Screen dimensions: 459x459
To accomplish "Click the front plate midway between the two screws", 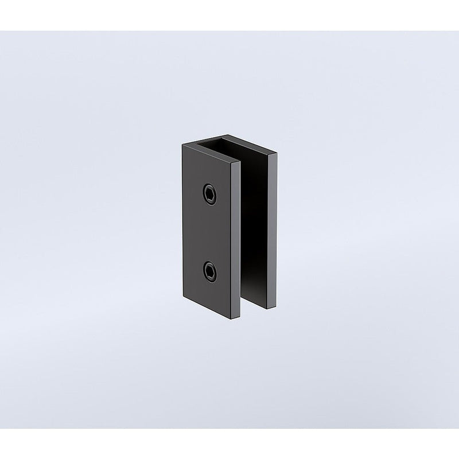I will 209,233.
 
